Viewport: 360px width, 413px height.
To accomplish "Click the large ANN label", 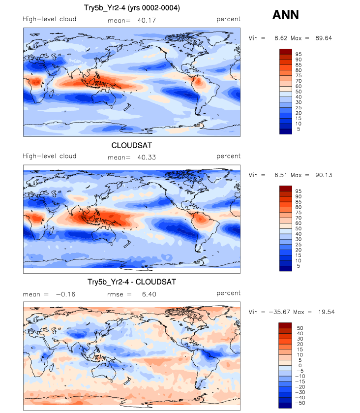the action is (x=286, y=15).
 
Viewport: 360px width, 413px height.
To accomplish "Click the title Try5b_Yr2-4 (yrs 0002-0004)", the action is (x=132, y=8).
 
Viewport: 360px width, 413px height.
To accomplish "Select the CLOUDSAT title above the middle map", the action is (x=132, y=145).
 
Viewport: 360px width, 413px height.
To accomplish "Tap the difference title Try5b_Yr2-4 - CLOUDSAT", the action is (x=132, y=282).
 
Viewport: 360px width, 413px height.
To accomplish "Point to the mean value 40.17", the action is (x=147, y=20).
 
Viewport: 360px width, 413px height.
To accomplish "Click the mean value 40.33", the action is (x=147, y=157).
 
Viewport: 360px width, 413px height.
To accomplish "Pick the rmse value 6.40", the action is (x=149, y=294).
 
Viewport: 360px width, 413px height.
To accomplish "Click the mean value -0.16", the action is (x=66, y=294).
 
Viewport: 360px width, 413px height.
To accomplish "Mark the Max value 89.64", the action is (x=324, y=38).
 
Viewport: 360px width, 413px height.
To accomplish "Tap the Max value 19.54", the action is (x=327, y=312).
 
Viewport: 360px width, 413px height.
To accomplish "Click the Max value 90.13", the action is (x=324, y=175).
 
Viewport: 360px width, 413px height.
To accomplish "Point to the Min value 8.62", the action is (x=281, y=38).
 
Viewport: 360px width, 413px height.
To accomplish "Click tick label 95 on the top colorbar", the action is (x=299, y=54).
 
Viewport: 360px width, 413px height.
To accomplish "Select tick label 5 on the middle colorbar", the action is (x=299, y=266).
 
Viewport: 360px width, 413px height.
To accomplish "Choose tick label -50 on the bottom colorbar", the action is (x=300, y=403).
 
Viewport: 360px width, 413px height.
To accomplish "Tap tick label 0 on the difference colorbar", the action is (x=300, y=366).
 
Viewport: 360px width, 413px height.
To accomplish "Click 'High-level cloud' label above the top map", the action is (x=50, y=19).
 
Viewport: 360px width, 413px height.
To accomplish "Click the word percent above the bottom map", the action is (x=228, y=293).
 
